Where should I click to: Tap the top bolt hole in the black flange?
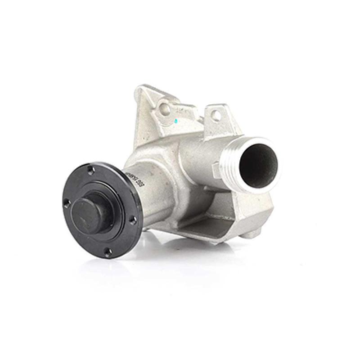pyautogui.click(x=91, y=171)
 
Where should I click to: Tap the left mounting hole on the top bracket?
pyautogui.click(x=166, y=108)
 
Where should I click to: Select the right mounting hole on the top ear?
pyautogui.click(x=216, y=116)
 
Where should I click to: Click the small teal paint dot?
pyautogui.click(x=176, y=121)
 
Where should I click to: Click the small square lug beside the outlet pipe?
pyautogui.click(x=216, y=170)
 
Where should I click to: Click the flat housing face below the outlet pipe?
pyautogui.click(x=252, y=207)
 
